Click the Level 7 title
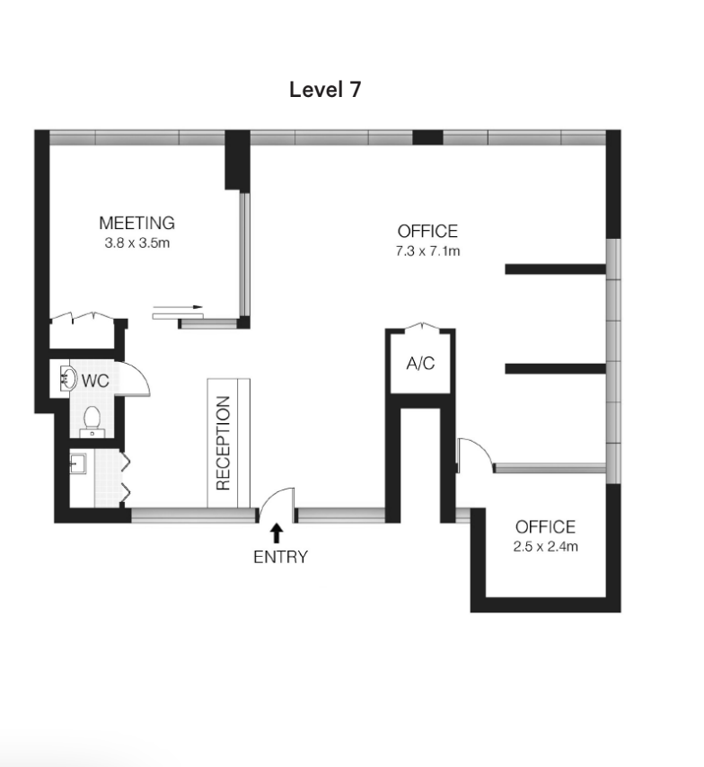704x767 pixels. [325, 90]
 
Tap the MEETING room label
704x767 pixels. [137, 223]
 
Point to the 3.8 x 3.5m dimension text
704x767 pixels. [137, 243]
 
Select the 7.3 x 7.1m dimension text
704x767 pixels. [427, 251]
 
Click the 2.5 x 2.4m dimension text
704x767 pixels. [545, 546]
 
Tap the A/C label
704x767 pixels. [420, 364]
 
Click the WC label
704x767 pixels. [95, 381]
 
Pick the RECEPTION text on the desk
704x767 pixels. [223, 443]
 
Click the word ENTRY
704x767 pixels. [280, 557]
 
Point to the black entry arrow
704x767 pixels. [277, 533]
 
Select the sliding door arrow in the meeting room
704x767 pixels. [178, 307]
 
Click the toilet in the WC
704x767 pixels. [92, 421]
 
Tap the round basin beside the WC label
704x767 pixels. [68, 379]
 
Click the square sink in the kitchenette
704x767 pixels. [78, 463]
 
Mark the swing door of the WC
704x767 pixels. [132, 379]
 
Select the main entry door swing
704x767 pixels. [277, 504]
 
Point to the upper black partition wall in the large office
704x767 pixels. [555, 269]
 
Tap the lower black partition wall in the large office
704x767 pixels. [555, 369]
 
